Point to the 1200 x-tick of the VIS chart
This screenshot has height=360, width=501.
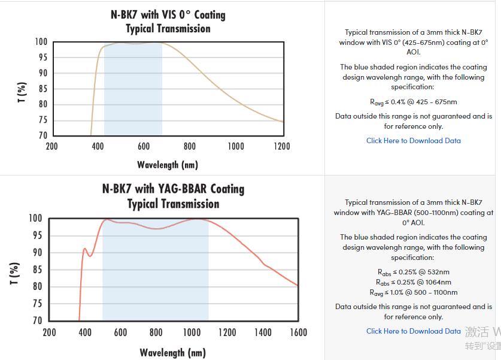(282, 146)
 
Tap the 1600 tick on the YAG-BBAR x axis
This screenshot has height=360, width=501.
(297, 332)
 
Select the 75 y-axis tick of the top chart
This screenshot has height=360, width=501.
(42, 120)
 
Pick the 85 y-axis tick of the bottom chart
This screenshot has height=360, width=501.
(37, 270)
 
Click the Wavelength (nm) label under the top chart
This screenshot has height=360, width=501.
(168, 165)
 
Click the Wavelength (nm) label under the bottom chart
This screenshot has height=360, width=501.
(173, 352)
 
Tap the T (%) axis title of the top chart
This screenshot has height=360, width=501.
(22, 93)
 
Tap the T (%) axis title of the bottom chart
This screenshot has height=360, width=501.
(16, 273)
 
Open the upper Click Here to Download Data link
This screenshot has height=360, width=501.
(414, 141)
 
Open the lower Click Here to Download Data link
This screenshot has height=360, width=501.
(414, 331)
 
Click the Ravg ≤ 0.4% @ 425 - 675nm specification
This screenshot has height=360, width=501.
(414, 102)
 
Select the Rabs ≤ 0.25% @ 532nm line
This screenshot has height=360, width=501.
(414, 272)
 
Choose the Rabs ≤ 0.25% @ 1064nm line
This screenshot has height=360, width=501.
(414, 282)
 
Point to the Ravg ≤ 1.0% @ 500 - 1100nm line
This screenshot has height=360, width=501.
(414, 292)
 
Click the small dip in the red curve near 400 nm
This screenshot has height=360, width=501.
(90, 256)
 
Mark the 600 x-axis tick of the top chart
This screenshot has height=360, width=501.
(144, 146)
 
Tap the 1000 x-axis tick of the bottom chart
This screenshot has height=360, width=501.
(192, 332)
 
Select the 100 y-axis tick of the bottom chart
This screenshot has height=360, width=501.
(35, 218)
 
